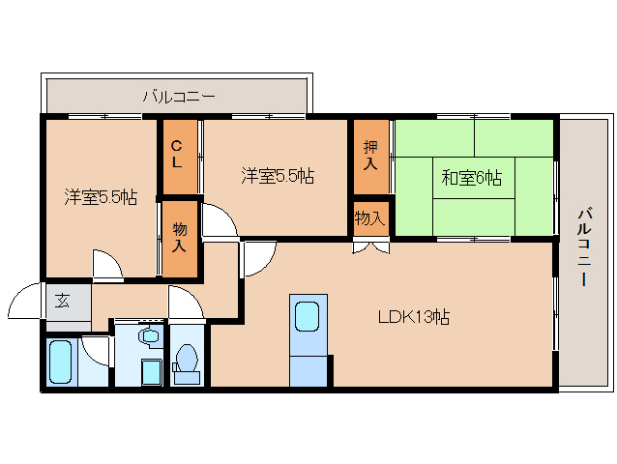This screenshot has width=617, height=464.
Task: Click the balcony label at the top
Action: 179,96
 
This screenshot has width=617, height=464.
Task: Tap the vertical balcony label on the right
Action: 585,248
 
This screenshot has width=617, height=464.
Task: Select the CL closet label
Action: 177,155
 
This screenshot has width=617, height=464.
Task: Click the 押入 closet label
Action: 370,155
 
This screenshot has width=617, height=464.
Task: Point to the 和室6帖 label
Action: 472,177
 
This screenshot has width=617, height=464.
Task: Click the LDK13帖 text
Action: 413,316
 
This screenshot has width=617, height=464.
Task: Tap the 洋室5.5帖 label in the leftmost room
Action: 101,197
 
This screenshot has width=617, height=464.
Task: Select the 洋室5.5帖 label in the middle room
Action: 278,176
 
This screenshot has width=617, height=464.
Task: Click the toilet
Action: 188,360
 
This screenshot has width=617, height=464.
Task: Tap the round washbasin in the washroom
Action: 148,336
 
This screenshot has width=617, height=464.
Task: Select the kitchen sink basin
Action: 308,317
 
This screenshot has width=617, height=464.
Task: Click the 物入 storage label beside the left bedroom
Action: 179,237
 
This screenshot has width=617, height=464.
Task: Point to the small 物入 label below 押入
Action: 370,219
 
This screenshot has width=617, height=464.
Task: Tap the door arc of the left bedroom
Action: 106,265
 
